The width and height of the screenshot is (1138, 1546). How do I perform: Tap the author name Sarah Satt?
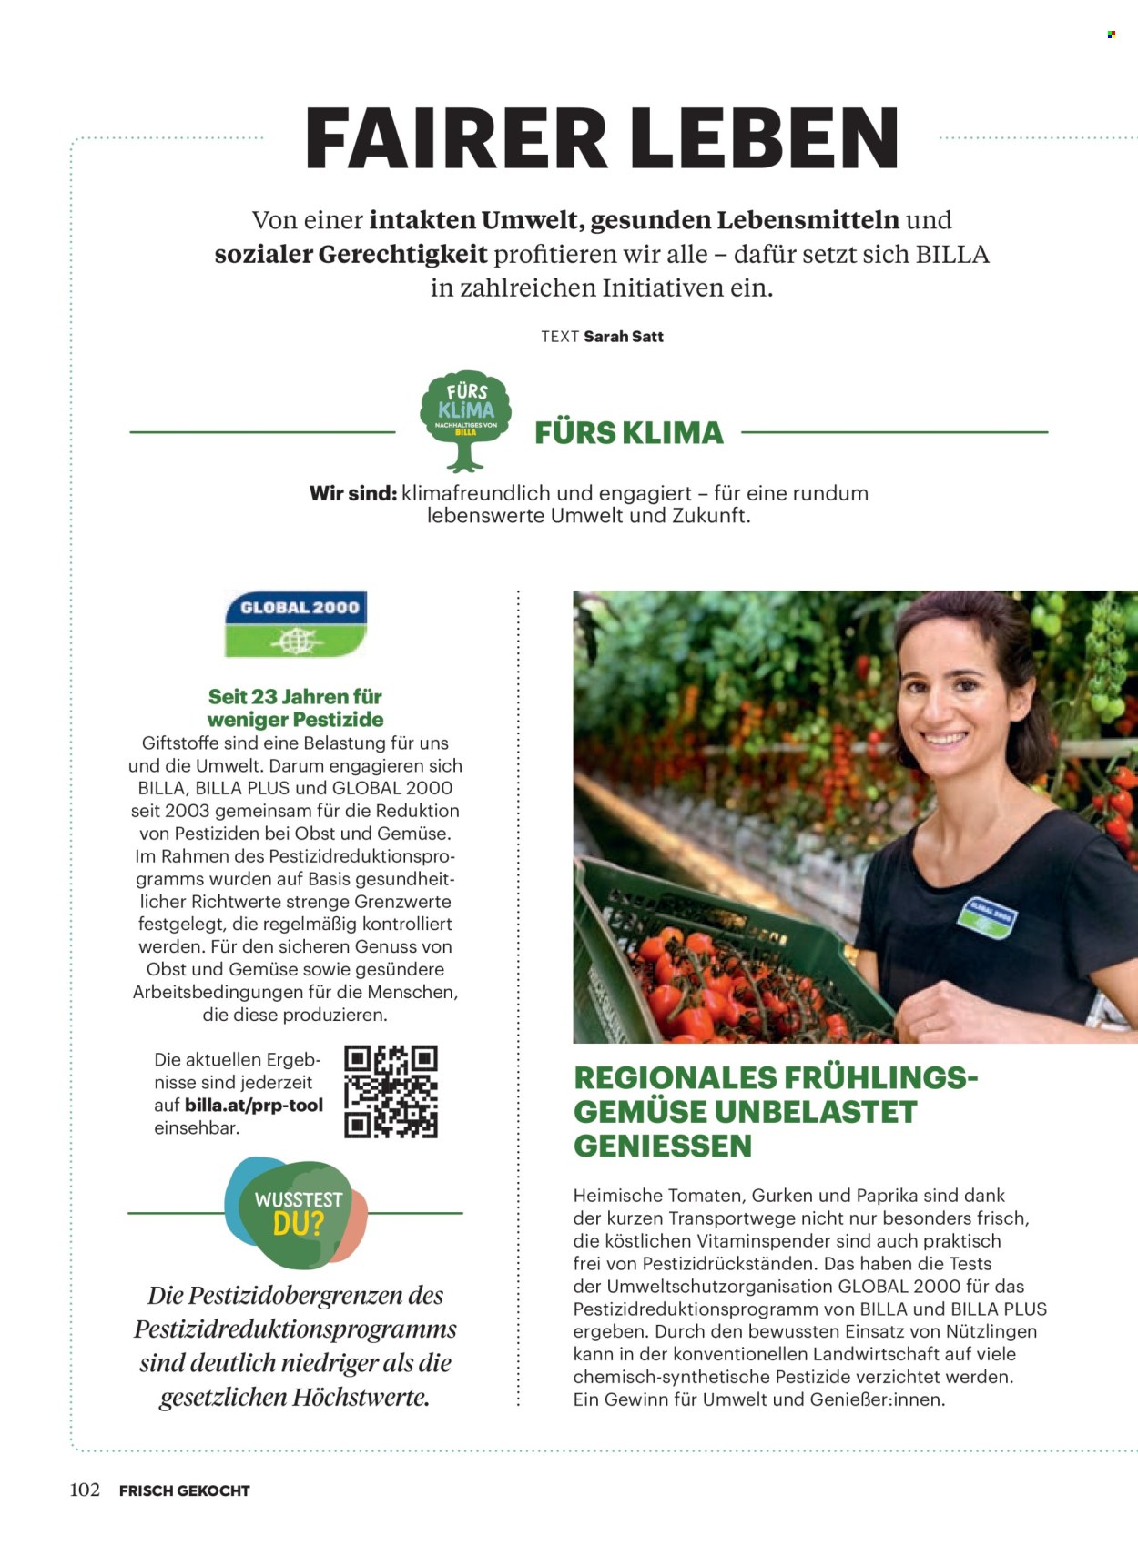[624, 337]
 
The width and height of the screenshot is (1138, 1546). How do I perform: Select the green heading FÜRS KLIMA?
[628, 433]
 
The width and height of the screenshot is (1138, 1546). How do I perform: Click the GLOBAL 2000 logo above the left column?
[296, 623]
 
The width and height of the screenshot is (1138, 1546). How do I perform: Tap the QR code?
[391, 1091]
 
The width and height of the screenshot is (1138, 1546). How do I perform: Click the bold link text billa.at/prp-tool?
[253, 1106]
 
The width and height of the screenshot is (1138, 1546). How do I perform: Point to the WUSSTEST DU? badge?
[296, 1213]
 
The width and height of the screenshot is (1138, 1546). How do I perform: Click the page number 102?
[85, 1490]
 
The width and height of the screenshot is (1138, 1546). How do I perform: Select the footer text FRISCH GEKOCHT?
[184, 1490]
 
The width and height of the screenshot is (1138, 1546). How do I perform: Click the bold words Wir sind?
[353, 493]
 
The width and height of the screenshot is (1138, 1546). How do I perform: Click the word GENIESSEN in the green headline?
[663, 1146]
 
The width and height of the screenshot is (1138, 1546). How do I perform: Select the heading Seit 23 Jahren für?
[295, 697]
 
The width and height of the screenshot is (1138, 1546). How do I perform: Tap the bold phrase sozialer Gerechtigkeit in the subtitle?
[351, 254]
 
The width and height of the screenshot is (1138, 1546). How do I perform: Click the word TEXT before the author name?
[560, 337]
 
